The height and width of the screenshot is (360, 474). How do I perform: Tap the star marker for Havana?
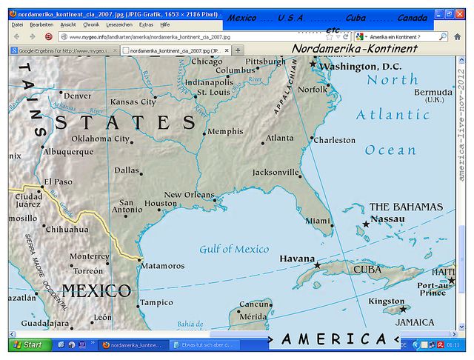[x=318, y=265]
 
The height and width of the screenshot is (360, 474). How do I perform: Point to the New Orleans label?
[x=189, y=195]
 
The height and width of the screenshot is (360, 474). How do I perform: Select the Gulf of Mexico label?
[x=234, y=249]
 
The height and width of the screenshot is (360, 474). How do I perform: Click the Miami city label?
[x=318, y=221]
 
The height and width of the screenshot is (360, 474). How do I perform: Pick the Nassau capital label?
[x=387, y=219]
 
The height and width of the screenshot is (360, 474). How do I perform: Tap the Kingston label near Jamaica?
[x=387, y=301]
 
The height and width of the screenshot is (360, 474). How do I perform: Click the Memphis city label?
[x=225, y=132]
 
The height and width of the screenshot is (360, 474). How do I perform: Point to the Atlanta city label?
[x=280, y=138]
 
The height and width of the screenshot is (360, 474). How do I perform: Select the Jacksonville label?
[x=276, y=173]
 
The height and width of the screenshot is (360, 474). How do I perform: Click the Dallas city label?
[x=127, y=170]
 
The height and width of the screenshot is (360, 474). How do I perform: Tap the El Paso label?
[x=59, y=181]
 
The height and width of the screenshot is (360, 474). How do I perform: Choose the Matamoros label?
[x=163, y=265]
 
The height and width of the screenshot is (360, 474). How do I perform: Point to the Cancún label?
[x=254, y=304]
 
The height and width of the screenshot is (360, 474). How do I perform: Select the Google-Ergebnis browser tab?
[x=63, y=50]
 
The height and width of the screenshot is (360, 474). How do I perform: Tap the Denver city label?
[x=77, y=96]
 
